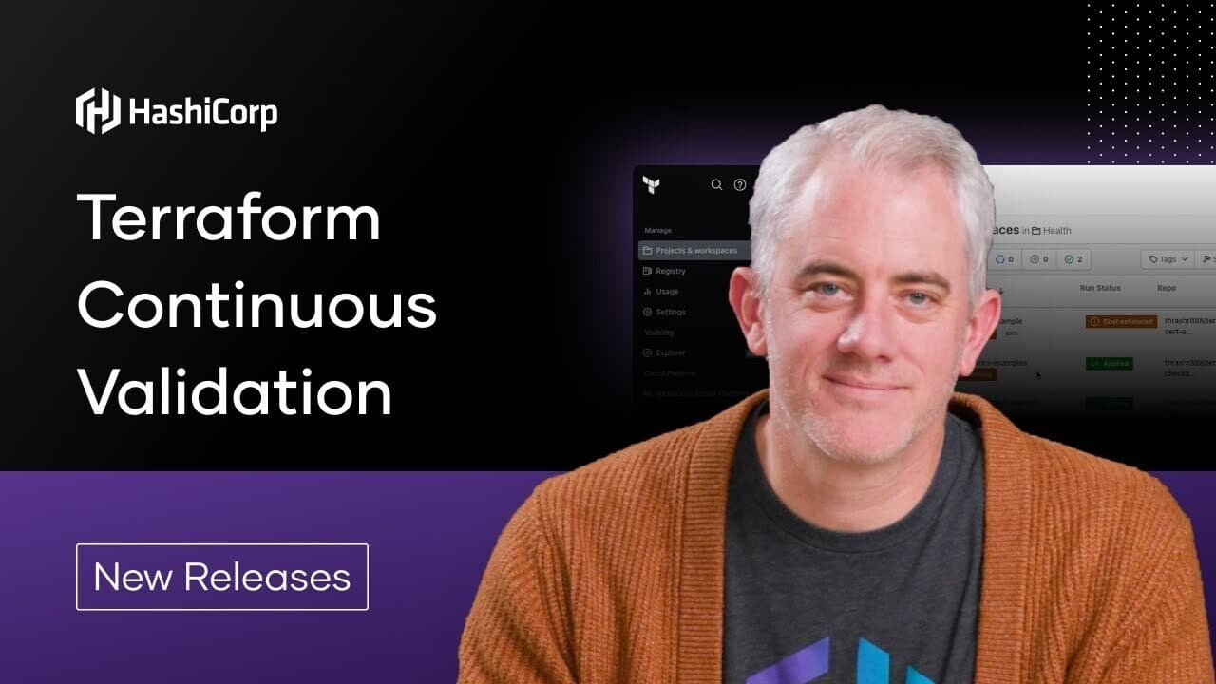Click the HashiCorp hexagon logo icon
(98, 110)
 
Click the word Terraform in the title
(228, 218)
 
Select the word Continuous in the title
(256, 306)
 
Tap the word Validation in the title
(235, 392)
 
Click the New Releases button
(222, 577)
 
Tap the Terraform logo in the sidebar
(651, 184)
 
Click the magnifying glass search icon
(717, 184)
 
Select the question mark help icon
(740, 184)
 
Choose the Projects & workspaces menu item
(695, 251)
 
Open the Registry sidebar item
(670, 271)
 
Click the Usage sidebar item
(667, 292)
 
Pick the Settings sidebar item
(670, 312)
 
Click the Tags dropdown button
(1168, 258)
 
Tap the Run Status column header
(1100, 288)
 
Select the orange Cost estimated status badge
(1121, 322)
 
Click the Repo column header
(1166, 288)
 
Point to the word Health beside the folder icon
(1057, 230)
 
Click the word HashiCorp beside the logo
(202, 113)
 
